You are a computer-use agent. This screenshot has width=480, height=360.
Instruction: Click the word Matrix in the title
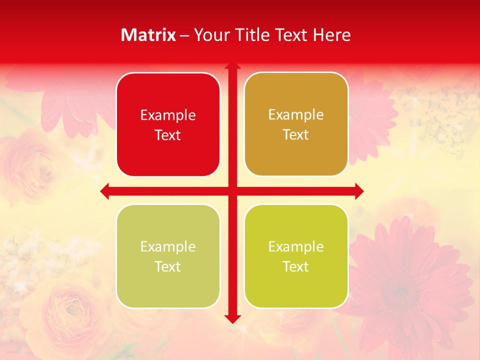148,35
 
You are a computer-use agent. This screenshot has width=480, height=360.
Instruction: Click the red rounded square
168,124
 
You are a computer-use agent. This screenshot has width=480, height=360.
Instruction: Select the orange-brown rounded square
296,124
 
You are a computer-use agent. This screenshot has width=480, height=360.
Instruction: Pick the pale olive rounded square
168,256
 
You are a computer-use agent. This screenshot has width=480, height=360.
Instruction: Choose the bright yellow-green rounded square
296,256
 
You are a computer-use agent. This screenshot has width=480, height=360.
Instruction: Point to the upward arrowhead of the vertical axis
232,66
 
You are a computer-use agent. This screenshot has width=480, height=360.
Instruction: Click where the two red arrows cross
232,191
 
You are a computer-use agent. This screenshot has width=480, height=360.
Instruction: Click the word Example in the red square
168,115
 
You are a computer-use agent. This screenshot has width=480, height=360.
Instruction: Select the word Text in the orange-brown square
296,135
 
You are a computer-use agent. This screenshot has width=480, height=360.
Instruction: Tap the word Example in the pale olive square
168,247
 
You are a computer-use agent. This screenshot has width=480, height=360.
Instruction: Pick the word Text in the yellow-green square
296,266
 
